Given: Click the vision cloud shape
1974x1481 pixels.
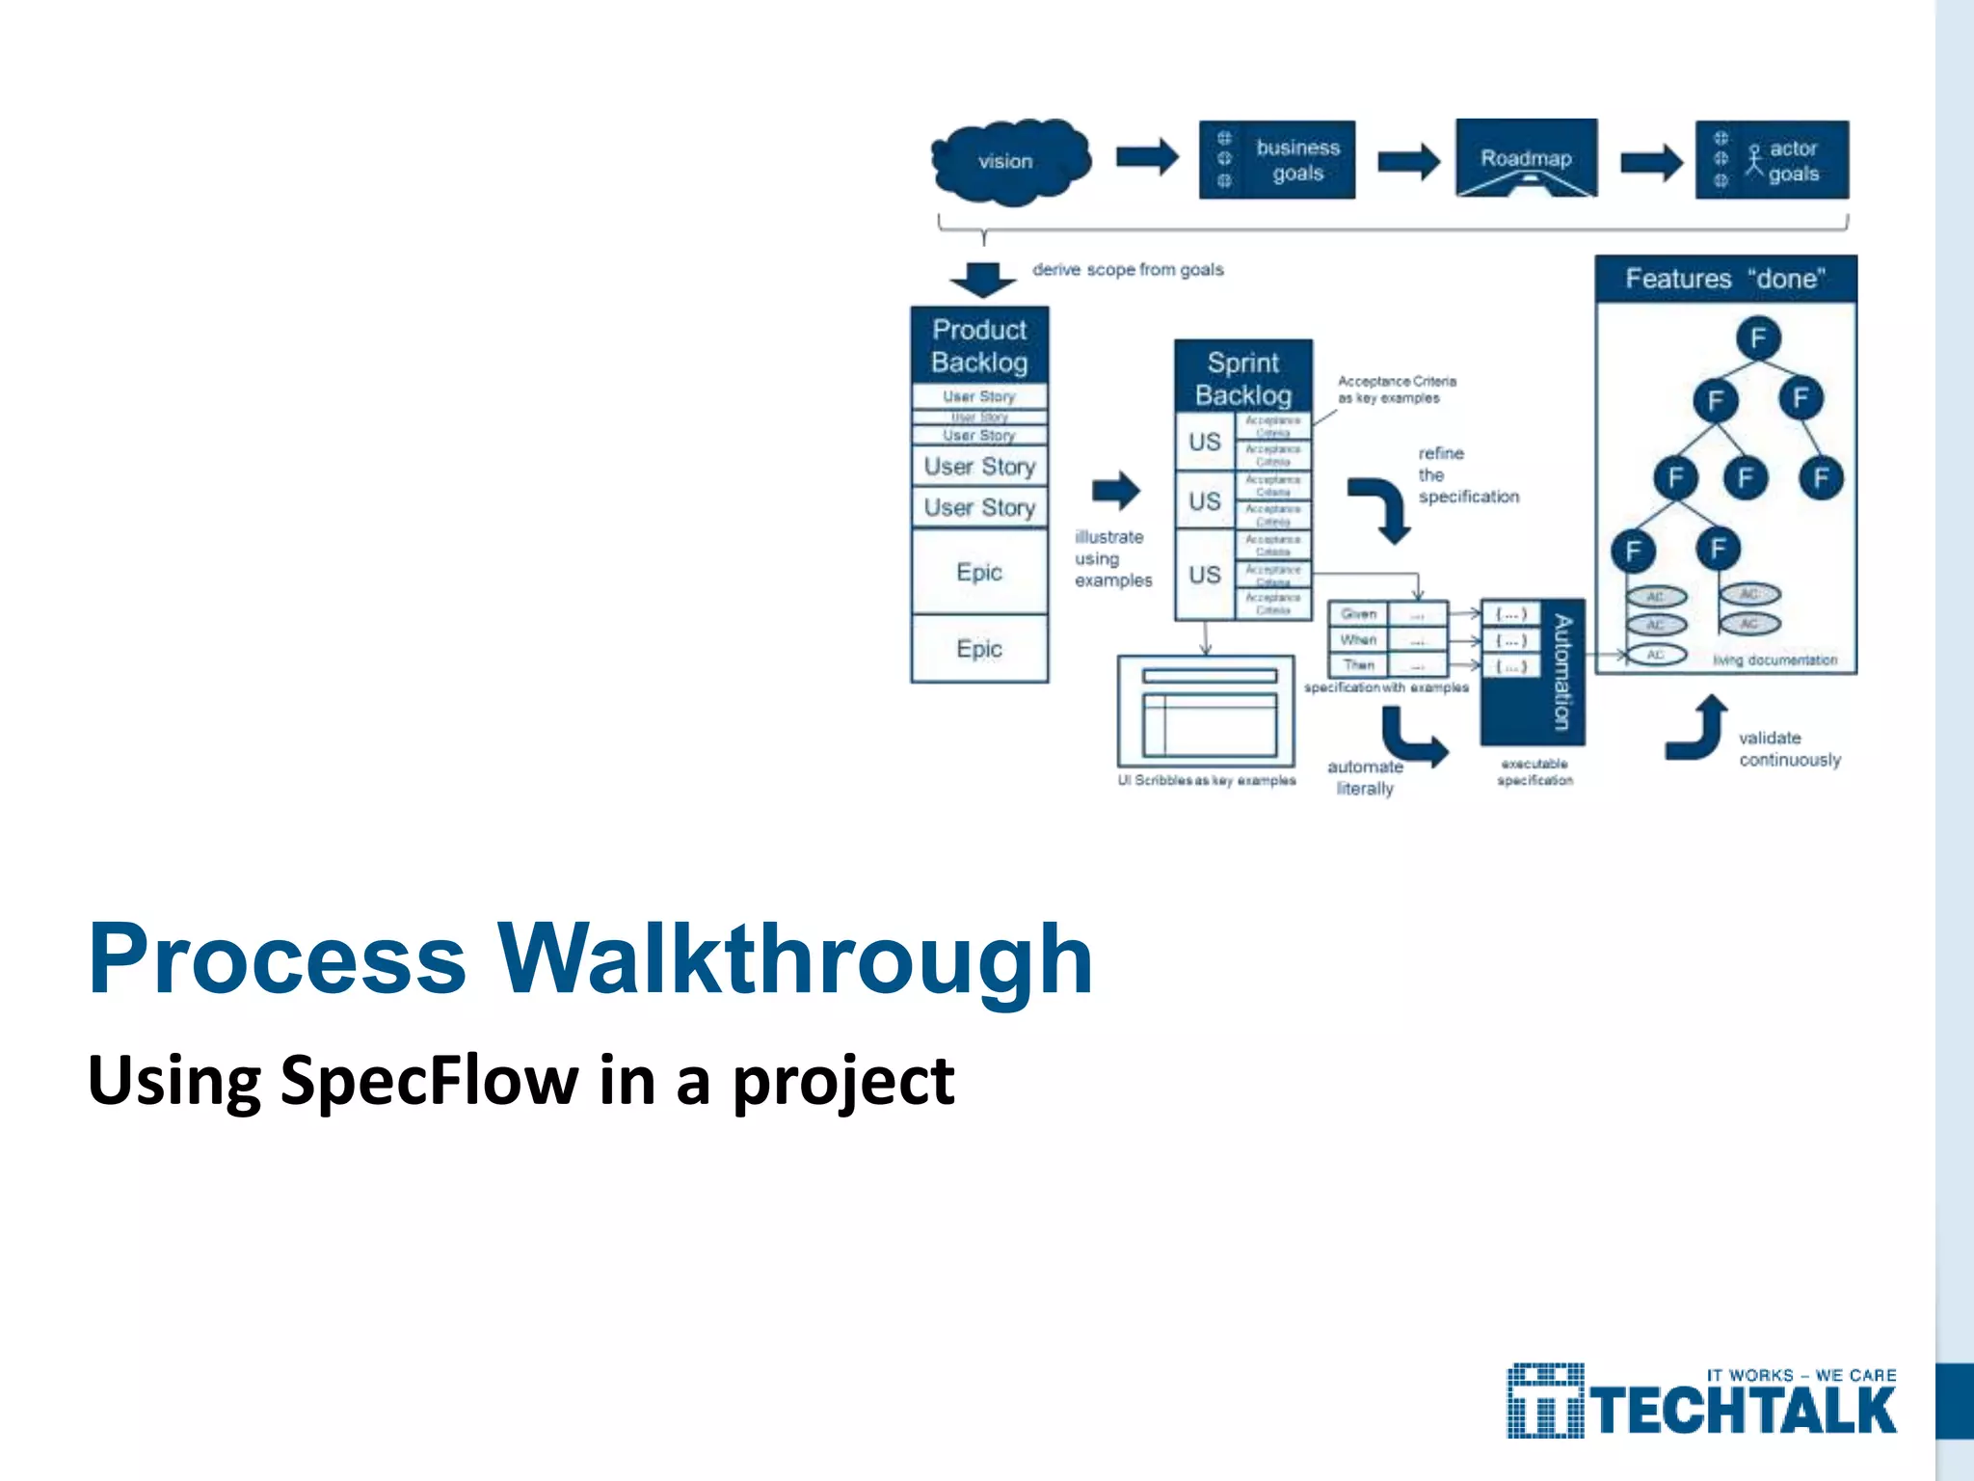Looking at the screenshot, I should [1008, 161].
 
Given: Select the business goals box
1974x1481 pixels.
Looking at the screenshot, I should [1276, 160].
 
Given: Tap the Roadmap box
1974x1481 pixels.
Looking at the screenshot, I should [1526, 157].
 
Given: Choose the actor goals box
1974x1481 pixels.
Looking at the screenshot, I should [1772, 160].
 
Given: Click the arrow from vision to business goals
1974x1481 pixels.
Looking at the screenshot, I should [1147, 157].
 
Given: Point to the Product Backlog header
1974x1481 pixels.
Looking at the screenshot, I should [979, 345].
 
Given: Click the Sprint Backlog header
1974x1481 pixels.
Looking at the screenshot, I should [1243, 378].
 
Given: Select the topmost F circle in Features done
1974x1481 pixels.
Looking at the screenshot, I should [1758, 338].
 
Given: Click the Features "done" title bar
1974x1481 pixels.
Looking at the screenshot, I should [1725, 279].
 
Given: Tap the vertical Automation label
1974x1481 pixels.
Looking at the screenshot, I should [1562, 672].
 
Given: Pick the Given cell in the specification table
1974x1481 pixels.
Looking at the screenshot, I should [1358, 614].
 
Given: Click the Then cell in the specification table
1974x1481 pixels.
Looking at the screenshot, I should [1358, 665].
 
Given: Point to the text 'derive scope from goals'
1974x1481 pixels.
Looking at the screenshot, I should [1128, 270].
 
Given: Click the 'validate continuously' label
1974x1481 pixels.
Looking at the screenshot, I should [1789, 749].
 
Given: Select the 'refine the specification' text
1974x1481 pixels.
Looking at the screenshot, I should [1467, 475].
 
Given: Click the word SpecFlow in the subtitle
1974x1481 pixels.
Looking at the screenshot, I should [429, 1080].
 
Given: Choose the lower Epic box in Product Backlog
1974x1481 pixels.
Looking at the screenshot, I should [979, 649].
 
